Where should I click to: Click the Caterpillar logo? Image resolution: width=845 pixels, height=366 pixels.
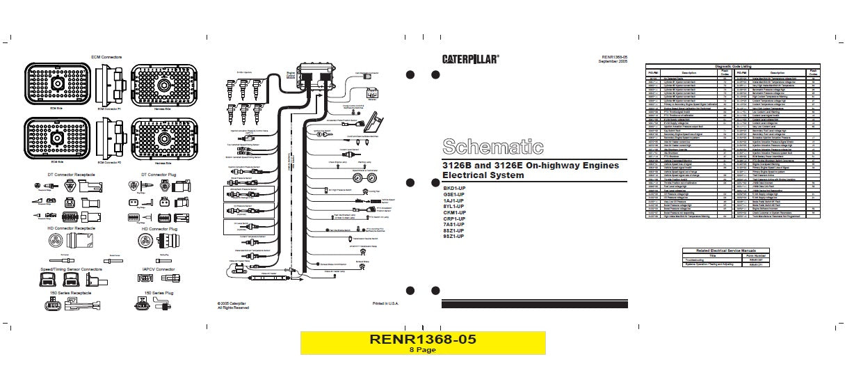coord(470,59)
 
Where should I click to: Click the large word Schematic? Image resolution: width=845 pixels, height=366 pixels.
coord(492,147)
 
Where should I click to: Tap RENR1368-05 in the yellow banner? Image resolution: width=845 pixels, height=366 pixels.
coord(423,339)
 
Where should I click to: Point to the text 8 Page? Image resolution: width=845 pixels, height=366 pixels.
coord(422,350)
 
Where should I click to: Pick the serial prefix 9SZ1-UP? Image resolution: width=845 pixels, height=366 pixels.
coord(454,237)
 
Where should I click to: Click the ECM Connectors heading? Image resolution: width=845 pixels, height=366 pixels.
coord(107,56)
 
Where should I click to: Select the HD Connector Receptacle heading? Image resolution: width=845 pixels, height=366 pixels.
coord(61,228)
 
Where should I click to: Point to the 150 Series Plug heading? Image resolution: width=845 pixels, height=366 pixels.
coord(156,294)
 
